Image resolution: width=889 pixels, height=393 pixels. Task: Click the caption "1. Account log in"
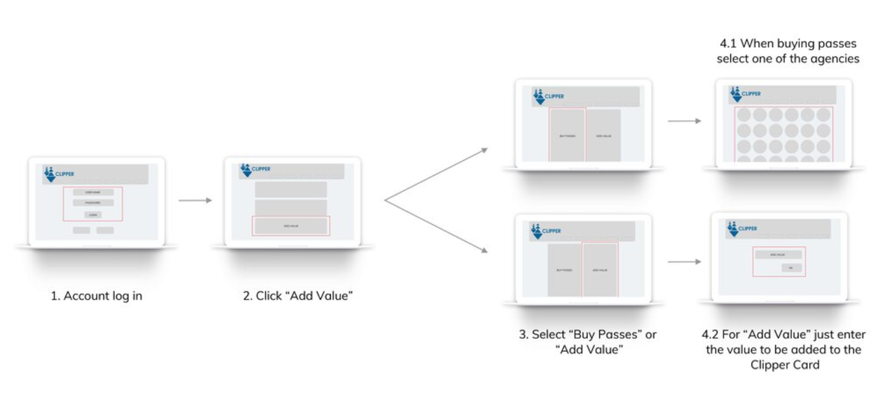(97, 296)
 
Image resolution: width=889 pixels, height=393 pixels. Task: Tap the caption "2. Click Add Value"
(298, 296)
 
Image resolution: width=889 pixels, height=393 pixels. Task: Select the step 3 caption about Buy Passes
(588, 342)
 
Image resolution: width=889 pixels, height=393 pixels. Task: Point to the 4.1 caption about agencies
(788, 51)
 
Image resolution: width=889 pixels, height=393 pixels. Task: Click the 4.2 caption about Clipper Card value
(784, 350)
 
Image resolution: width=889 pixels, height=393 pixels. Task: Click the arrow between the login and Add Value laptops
(195, 200)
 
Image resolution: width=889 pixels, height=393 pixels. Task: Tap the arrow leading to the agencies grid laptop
(684, 121)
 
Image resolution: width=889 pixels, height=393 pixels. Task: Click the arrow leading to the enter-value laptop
(684, 262)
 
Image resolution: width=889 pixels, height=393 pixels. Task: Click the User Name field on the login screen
(93, 192)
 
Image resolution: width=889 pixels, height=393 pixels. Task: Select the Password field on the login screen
(93, 203)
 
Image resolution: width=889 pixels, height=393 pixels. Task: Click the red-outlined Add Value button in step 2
(291, 226)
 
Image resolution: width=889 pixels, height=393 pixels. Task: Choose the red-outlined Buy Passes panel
(567, 135)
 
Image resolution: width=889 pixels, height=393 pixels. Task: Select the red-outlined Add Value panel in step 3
(600, 270)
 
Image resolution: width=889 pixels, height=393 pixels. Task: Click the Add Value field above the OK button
(777, 254)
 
